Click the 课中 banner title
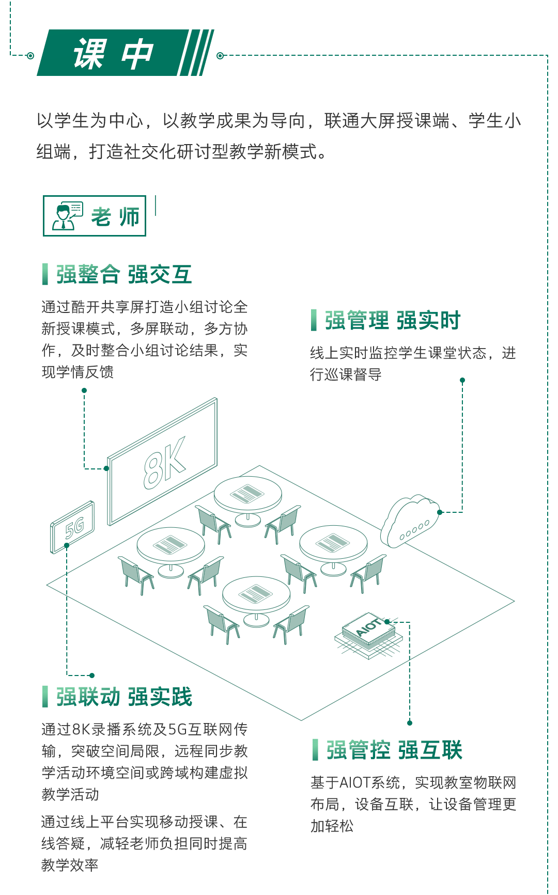114,54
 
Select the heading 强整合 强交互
124,274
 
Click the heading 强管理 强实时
393,320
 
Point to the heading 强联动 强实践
124,697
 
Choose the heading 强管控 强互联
394,750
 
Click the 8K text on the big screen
164,463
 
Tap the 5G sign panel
73,527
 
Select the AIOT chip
368,632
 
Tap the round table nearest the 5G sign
171,545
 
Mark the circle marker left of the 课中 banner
30,55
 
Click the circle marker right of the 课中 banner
220,55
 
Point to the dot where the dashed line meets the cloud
440,512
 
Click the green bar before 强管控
315,750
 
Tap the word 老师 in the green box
115,217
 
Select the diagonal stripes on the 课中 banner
196,53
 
